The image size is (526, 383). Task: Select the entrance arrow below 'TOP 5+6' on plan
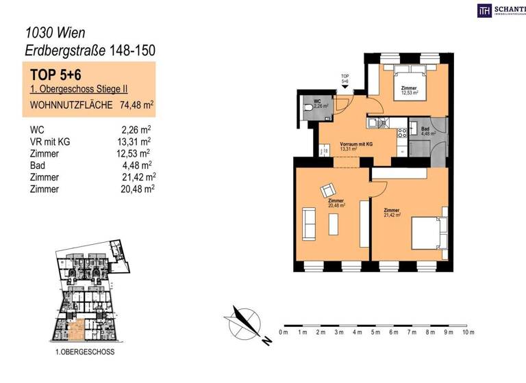click(x=345, y=88)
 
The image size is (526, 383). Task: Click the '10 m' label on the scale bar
click(x=468, y=332)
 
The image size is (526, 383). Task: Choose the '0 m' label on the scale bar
click(x=284, y=332)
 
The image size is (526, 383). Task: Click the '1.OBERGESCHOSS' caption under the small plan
click(x=85, y=352)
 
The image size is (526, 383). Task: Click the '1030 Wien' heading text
click(x=55, y=31)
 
